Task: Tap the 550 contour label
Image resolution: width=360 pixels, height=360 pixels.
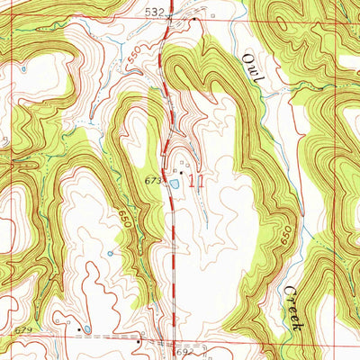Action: (134, 57)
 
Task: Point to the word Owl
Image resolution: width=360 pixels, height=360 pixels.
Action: (251, 68)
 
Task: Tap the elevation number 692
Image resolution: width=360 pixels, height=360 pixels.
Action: (182, 353)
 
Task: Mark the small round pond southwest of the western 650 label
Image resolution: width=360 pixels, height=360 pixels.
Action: (110, 253)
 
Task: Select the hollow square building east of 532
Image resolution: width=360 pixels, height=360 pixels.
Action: (207, 15)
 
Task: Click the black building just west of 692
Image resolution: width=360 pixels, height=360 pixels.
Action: (137, 341)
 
